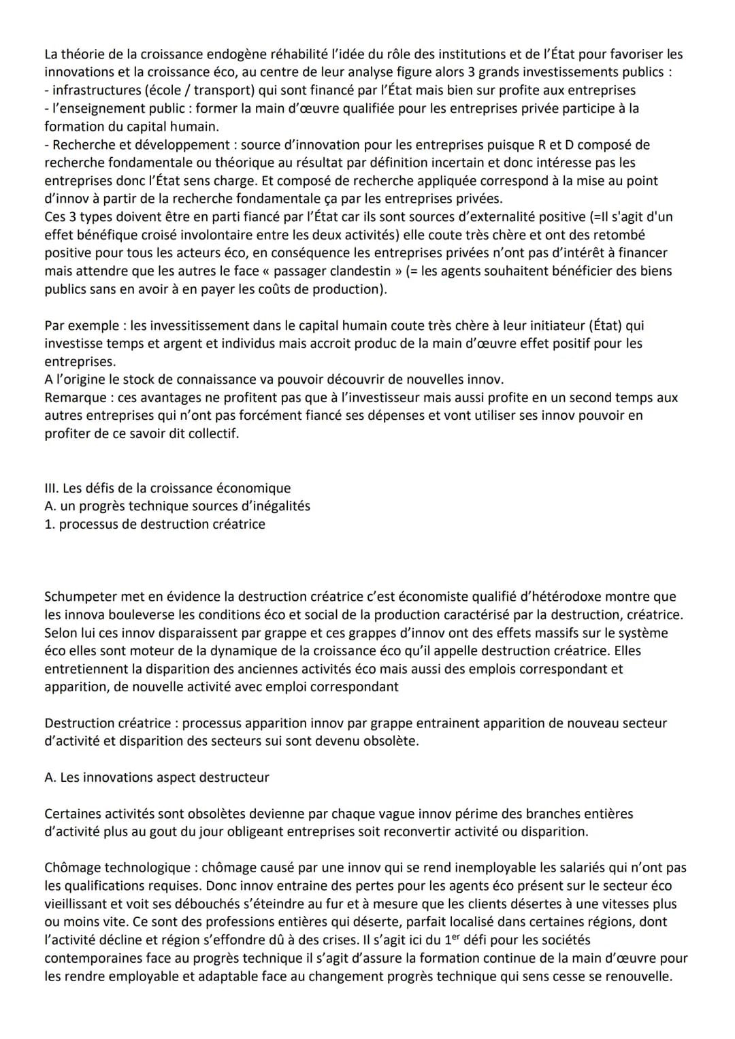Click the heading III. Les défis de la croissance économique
(x=167, y=488)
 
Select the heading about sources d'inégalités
(x=177, y=506)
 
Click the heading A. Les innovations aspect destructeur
(x=157, y=777)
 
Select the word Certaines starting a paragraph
(x=74, y=814)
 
